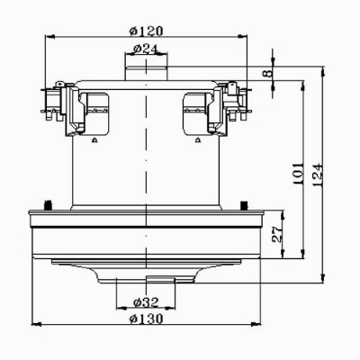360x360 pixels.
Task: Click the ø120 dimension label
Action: coord(146,31)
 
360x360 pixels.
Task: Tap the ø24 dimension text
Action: coord(145,49)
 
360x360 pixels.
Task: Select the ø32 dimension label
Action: coord(146,302)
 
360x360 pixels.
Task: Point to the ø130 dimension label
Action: coord(146,319)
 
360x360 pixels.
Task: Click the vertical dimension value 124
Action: coord(318,175)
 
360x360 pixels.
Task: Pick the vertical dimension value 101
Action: coord(299,174)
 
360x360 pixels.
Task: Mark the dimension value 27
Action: coord(277,234)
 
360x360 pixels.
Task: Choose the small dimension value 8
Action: coord(268,73)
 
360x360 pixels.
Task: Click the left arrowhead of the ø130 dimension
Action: coord(36,324)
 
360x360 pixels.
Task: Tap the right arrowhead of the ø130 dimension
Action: coord(256,324)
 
